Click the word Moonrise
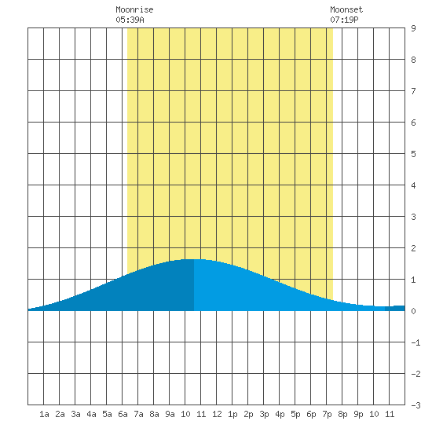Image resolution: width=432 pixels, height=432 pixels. pyautogui.click(x=134, y=9)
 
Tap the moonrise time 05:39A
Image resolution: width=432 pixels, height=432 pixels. pyautogui.click(x=130, y=20)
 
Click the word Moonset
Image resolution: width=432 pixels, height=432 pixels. pyautogui.click(x=346, y=9)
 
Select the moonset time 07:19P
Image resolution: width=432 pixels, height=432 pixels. pyautogui.click(x=344, y=20)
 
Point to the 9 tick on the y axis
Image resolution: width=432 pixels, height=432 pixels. pyautogui.click(x=413, y=28)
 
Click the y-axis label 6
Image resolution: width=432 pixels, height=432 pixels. pyautogui.click(x=413, y=123)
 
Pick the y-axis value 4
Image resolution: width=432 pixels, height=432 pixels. pyautogui.click(x=413, y=185)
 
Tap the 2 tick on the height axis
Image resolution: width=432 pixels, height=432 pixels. pyautogui.click(x=413, y=248)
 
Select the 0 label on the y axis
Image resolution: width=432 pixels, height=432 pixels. pyautogui.click(x=413, y=311)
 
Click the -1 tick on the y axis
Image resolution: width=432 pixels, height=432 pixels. pyautogui.click(x=416, y=342)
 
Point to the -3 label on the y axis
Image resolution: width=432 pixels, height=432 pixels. pyautogui.click(x=416, y=405)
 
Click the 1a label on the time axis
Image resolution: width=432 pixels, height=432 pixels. pyautogui.click(x=44, y=414)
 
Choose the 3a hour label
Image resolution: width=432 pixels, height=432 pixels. pyautogui.click(x=75, y=414)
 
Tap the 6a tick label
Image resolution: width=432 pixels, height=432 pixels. pyautogui.click(x=123, y=414)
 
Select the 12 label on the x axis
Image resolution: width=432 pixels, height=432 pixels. pyautogui.click(x=217, y=414)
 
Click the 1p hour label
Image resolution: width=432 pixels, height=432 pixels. pyautogui.click(x=232, y=414)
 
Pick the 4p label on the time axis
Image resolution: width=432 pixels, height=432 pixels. pyautogui.click(x=280, y=414)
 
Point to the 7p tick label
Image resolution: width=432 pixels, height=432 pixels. pyautogui.click(x=327, y=414)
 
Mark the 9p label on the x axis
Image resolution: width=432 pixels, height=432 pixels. pyautogui.click(x=358, y=414)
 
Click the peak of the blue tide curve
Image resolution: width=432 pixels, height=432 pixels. pyautogui.click(x=194, y=259)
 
